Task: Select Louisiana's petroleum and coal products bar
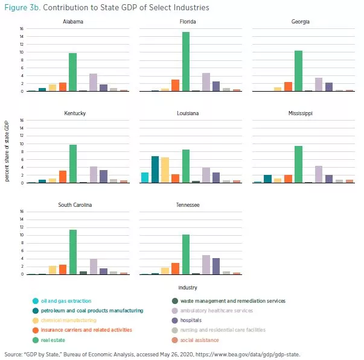(x=155, y=169)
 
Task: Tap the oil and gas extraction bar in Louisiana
(x=144, y=177)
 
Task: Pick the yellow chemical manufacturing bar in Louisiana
(x=165, y=170)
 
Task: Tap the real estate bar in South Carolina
(x=72, y=252)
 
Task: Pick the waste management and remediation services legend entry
(x=232, y=300)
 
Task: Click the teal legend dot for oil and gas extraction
(x=36, y=301)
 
